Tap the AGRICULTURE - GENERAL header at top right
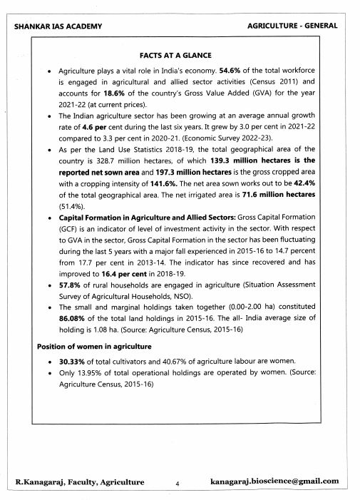coord(292,26)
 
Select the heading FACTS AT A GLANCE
coord(180,55)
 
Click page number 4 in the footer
coord(177,483)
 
